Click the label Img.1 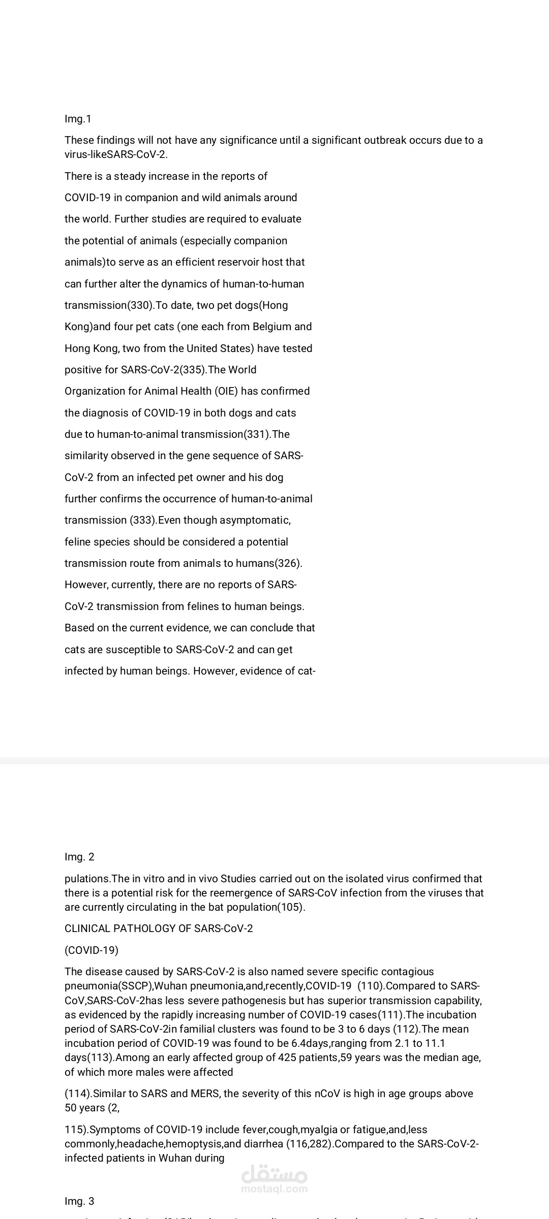78,119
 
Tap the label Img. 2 79,857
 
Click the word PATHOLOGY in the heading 138,928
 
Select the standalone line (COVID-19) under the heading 91,950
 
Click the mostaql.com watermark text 274,1189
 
